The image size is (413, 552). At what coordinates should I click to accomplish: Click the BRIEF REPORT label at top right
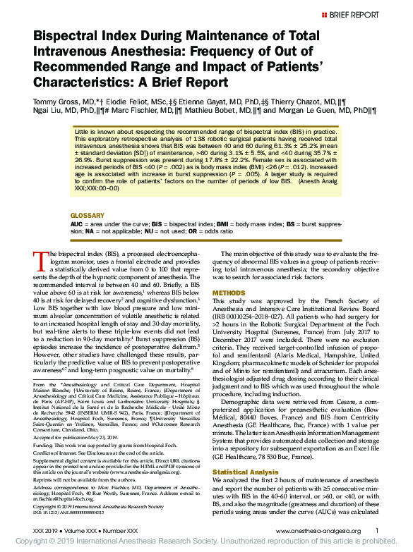355,14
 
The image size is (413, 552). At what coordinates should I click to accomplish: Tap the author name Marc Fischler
121,111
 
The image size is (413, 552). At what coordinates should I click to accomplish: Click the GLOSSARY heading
88,215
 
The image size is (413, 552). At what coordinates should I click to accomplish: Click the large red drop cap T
41,262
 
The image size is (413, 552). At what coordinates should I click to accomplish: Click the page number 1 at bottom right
377,529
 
